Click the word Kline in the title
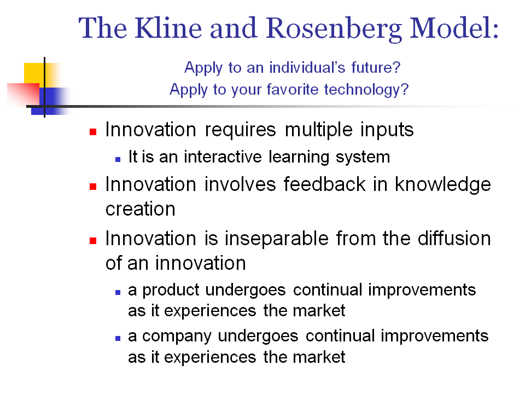pos(168,28)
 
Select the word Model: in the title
pos(454,28)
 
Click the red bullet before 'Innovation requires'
pos(93,132)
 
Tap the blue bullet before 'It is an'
pos(118,159)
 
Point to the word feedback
pos(325,184)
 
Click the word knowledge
pos(442,185)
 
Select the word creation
pos(141,209)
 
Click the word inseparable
pos(276,239)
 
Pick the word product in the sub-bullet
pos(171,290)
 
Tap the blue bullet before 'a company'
pos(118,338)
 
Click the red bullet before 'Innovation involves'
pos(93,186)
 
